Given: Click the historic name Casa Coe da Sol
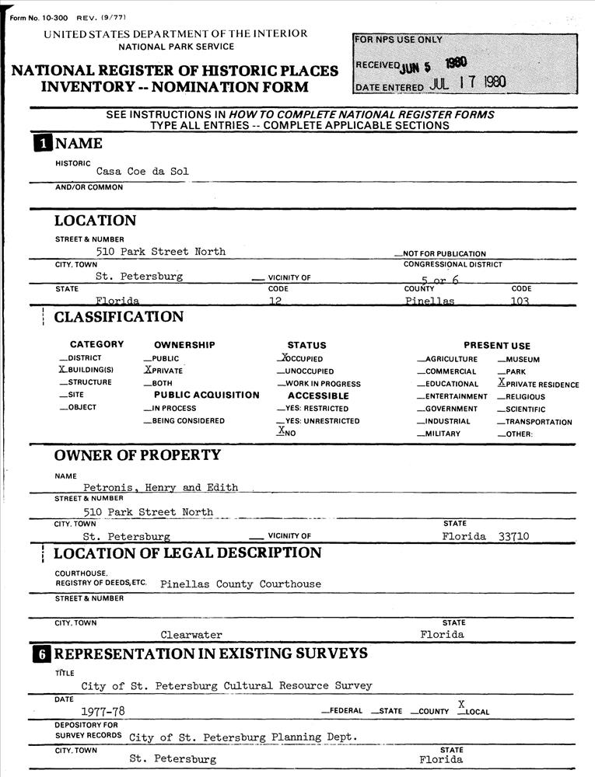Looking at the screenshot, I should [x=142, y=171].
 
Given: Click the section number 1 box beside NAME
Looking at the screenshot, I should [x=40, y=143].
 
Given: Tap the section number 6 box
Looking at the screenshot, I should [x=40, y=653].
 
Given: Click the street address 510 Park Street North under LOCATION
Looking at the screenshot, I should [x=160, y=252].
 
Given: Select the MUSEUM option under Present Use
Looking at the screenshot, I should [x=519, y=360].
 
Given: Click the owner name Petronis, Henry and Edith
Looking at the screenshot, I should [x=160, y=488].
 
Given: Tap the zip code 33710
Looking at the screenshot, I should [x=513, y=536].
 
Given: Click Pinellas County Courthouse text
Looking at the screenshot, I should [x=240, y=584].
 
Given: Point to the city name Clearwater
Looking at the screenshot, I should [x=191, y=635].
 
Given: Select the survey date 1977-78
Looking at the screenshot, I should [x=103, y=711].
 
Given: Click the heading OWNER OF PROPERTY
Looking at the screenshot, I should [x=138, y=455].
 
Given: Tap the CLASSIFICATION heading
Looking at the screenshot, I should [x=119, y=317].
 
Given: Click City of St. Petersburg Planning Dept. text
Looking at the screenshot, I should [x=243, y=737].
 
